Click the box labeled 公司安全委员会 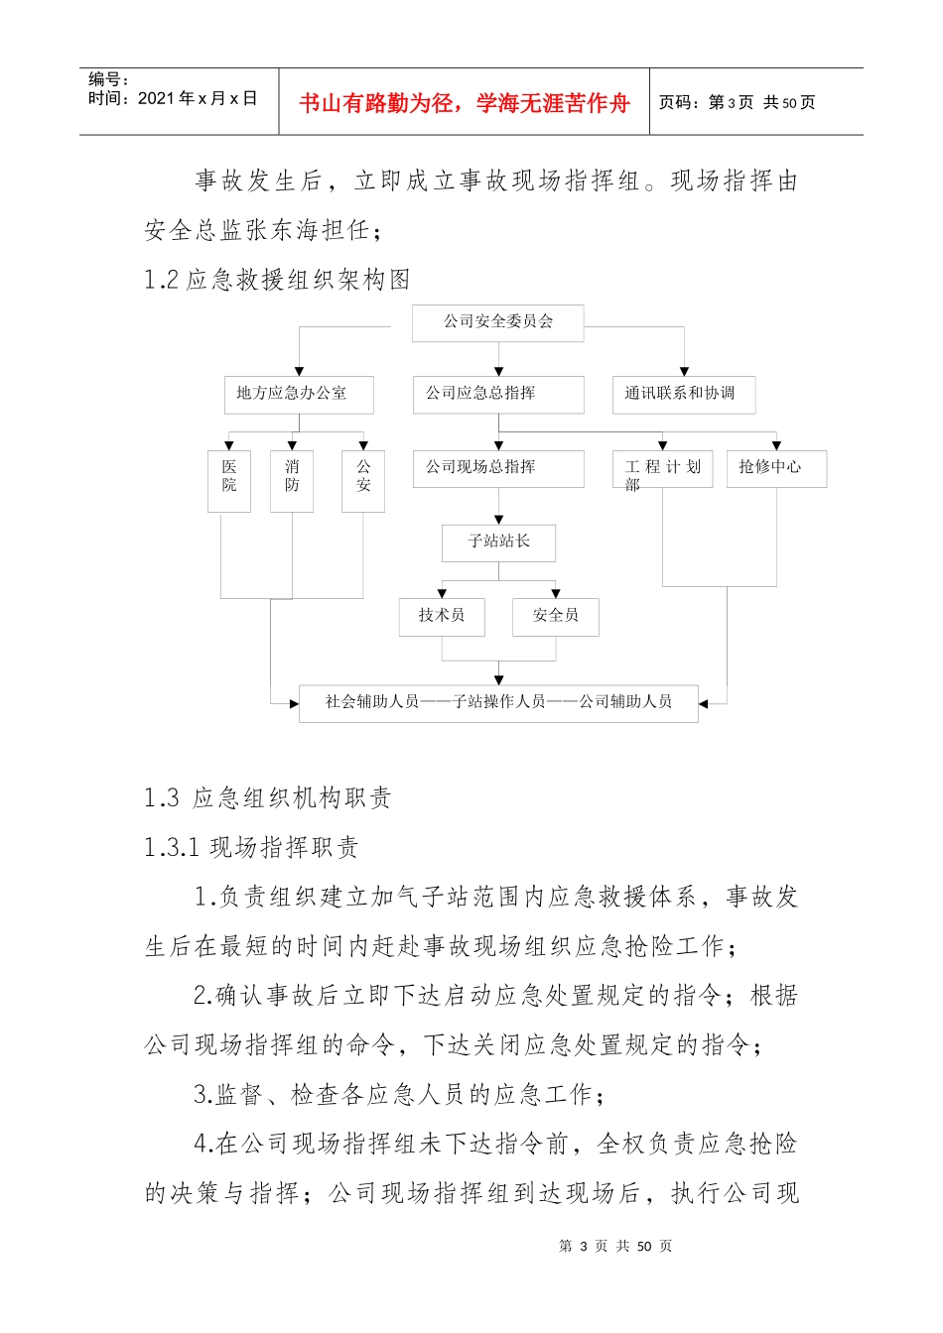[497, 322]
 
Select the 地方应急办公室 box [298, 394]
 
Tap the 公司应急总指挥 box [498, 394]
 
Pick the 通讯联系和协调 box [683, 394]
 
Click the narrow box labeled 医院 [228, 481]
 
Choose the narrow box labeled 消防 [292, 481]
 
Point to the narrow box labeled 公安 [363, 481]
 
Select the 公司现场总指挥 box [498, 468]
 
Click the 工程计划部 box [663, 469]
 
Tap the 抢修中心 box [777, 468]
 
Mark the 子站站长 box [498, 543]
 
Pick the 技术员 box [442, 616]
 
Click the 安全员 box [556, 616]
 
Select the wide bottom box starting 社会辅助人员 [498, 702]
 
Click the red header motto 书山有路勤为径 [464, 103]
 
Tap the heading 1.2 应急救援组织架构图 [277, 281]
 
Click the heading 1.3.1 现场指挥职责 [251, 848]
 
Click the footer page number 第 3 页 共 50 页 [615, 1247]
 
